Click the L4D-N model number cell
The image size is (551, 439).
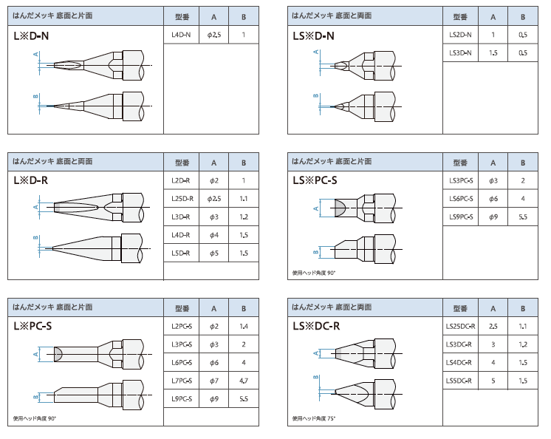click(x=181, y=35)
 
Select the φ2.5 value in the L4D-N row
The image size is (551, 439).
click(x=214, y=35)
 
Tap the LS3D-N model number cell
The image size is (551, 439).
click(x=461, y=52)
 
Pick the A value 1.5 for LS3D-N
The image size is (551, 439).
click(x=493, y=52)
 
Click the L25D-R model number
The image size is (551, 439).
click(x=181, y=199)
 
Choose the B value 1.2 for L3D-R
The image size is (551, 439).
click(x=244, y=217)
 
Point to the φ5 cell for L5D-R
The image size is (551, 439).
click(x=214, y=253)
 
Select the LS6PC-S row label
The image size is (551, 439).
click(x=461, y=199)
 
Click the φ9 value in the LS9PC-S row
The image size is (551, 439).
click(x=493, y=217)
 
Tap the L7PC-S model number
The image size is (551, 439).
click(x=181, y=381)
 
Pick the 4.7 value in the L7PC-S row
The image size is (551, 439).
click(x=244, y=381)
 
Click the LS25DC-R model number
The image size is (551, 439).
click(x=461, y=326)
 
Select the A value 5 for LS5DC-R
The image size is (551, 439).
click(x=493, y=381)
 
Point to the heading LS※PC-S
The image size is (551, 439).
click(x=315, y=179)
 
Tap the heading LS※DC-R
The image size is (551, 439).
click(x=316, y=324)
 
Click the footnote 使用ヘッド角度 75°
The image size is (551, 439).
click(x=314, y=418)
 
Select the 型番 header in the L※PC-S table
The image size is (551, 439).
click(x=181, y=308)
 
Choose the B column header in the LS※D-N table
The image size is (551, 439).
click(x=522, y=16)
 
